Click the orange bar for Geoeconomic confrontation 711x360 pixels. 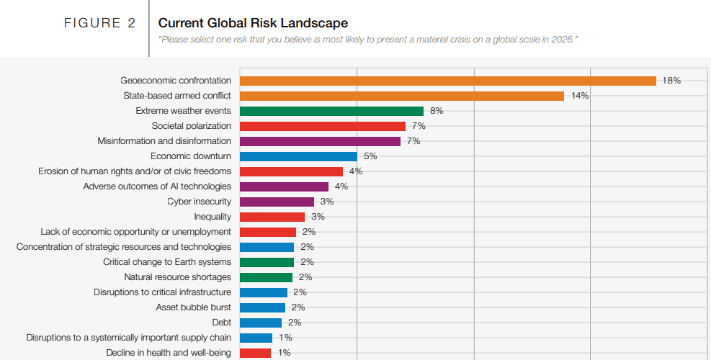pyautogui.click(x=447, y=81)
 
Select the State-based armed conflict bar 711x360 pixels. pyautogui.click(x=401, y=96)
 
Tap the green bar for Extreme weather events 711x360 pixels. pyautogui.click(x=331, y=111)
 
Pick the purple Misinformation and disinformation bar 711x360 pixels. pyautogui.click(x=320, y=141)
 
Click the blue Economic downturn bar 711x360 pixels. pyautogui.click(x=298, y=156)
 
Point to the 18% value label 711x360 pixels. pyautogui.click(x=671, y=81)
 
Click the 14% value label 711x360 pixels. pyautogui.click(x=580, y=96)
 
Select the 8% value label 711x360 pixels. pyautogui.click(x=436, y=111)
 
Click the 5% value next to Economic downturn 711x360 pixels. pyautogui.click(x=370, y=156)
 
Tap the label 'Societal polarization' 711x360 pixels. pyautogui.click(x=191, y=126)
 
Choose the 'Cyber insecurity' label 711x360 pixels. pyautogui.click(x=199, y=202)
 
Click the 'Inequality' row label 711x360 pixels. pyautogui.click(x=213, y=217)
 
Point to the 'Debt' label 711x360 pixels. pyautogui.click(x=221, y=323)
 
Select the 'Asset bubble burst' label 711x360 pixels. pyautogui.click(x=193, y=307)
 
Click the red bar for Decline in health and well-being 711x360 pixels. pyautogui.click(x=255, y=353)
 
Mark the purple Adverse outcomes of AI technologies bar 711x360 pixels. pyautogui.click(x=284, y=186)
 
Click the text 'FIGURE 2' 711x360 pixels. pyautogui.click(x=99, y=23)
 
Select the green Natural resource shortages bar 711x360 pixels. pyautogui.click(x=266, y=277)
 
